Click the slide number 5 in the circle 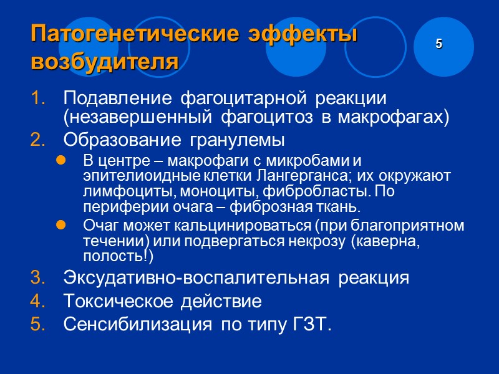pyautogui.click(x=439, y=44)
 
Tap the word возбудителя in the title pyautogui.click(x=104, y=62)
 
